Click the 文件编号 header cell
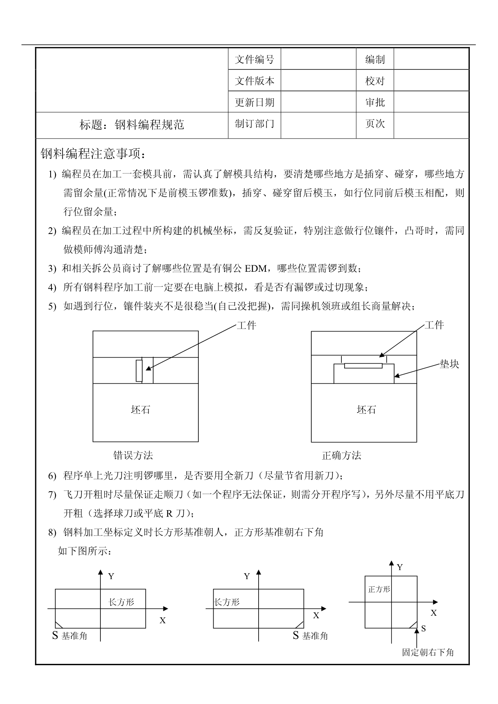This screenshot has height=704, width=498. [254, 59]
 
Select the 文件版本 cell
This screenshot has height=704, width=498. [254, 81]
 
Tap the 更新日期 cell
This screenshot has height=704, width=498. [254, 102]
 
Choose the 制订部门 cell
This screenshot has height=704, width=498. [254, 124]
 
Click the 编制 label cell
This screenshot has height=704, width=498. [375, 59]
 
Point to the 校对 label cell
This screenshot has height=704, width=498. [375, 81]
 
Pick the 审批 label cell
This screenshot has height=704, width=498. [375, 102]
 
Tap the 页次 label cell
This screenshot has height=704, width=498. [375, 124]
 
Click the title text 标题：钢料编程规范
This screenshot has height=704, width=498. [132, 125]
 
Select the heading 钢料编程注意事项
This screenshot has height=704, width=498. [95, 153]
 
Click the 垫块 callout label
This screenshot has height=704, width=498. [449, 364]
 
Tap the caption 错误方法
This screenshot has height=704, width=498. [133, 456]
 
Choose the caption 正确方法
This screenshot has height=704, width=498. [341, 456]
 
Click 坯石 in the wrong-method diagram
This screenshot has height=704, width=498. [141, 410]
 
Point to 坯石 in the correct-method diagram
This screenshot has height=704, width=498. [366, 410]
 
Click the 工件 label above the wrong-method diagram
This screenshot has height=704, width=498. [246, 326]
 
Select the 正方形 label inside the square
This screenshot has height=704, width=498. [379, 589]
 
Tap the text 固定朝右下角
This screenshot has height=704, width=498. [428, 653]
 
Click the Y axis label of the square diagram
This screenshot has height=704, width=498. [400, 567]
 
